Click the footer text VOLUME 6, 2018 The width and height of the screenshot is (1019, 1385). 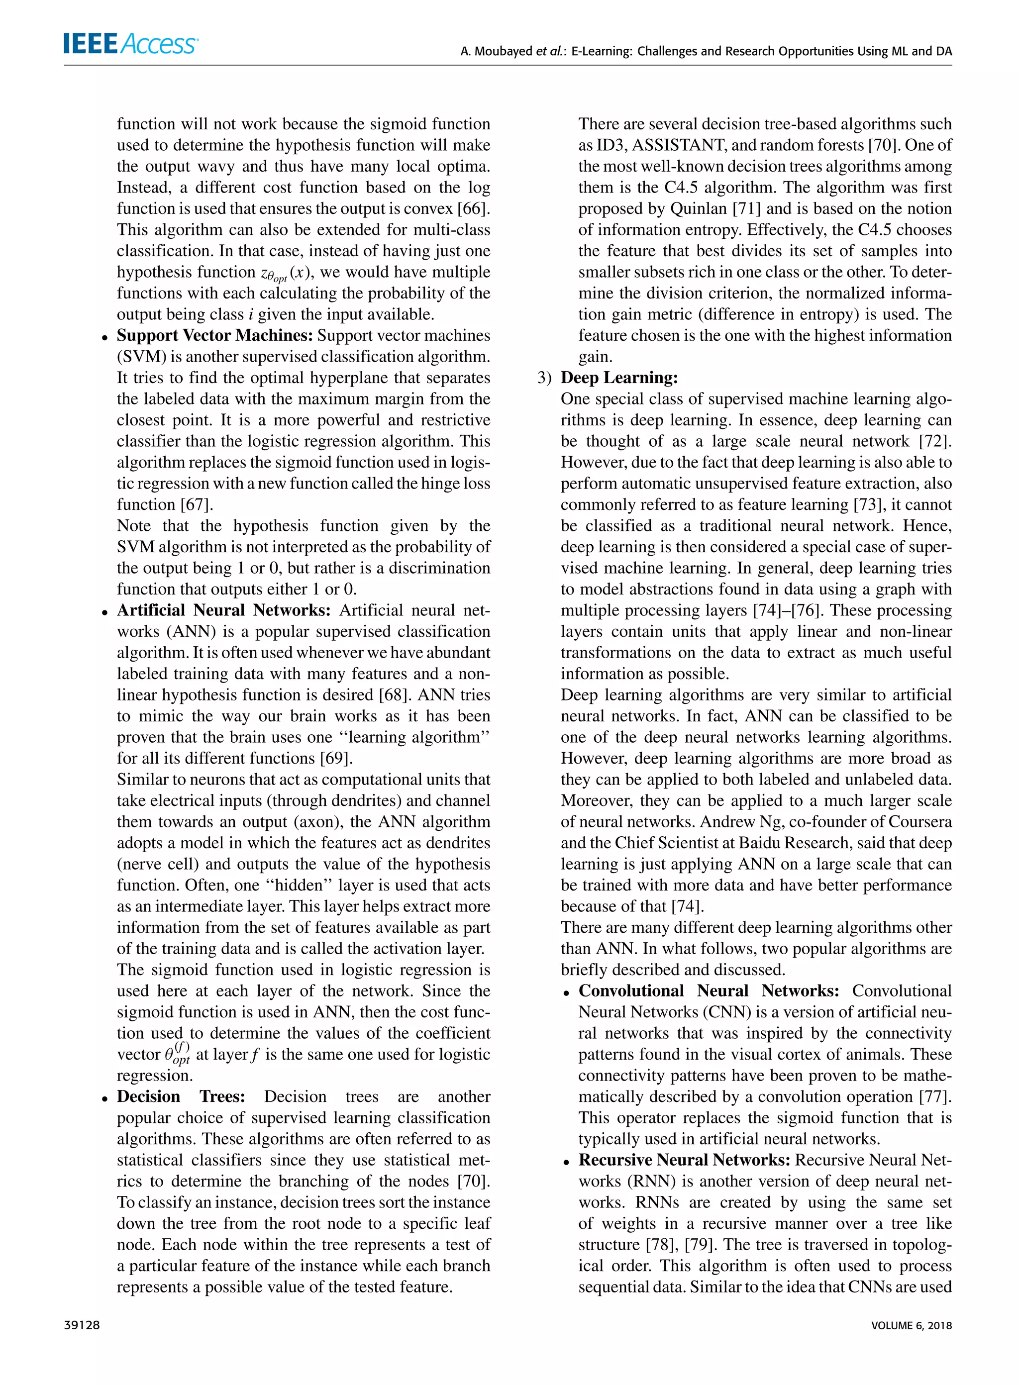(x=911, y=1325)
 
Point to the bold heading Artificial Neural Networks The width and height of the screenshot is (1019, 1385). (x=224, y=610)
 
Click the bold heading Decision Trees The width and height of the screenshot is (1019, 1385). (x=181, y=1096)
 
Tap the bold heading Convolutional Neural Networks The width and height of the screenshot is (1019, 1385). (x=708, y=991)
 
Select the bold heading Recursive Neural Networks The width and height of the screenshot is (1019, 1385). (x=684, y=1160)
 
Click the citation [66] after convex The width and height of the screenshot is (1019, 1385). (x=473, y=209)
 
